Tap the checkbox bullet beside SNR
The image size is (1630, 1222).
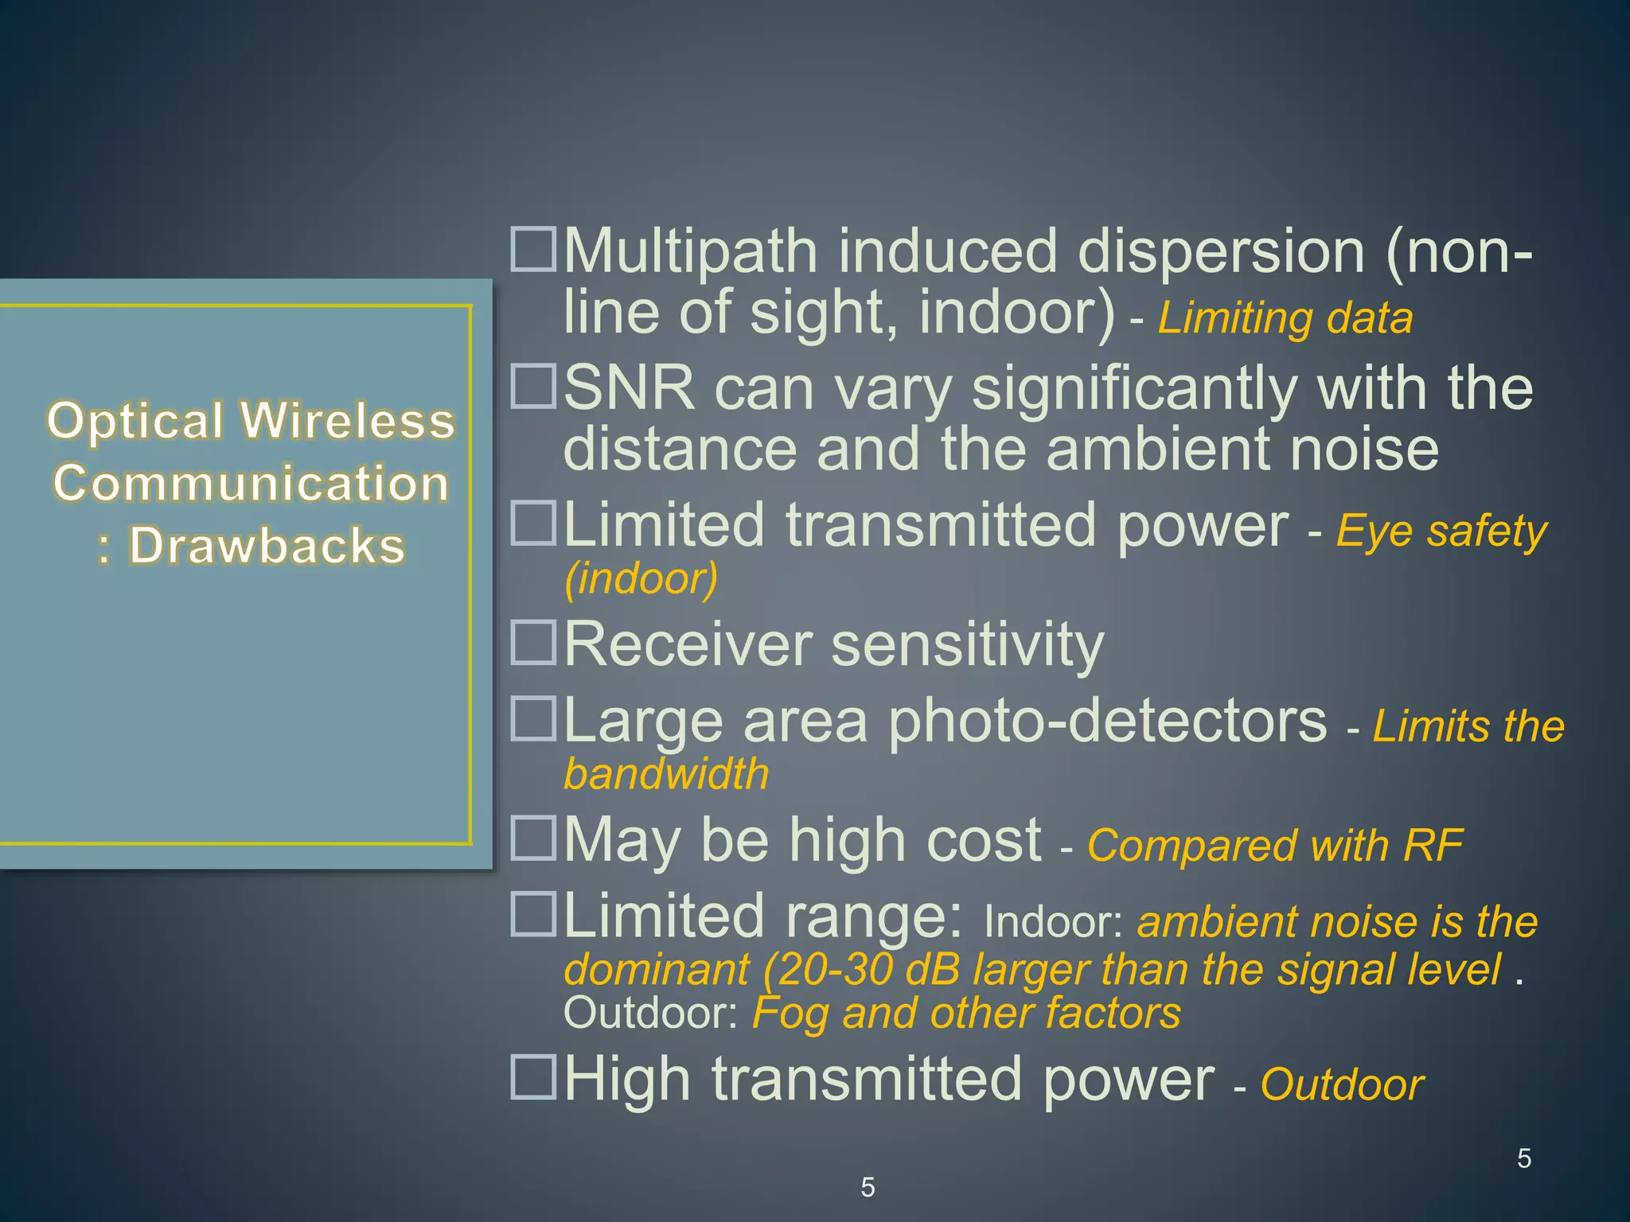tap(532, 387)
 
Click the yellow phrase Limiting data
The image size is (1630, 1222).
tap(1285, 318)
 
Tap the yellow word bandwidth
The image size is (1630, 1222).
tap(666, 773)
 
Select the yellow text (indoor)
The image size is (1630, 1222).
tap(641, 578)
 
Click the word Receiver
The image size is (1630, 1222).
tap(688, 644)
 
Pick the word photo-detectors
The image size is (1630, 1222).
tap(1108, 722)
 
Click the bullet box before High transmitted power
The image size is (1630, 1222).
tap(532, 1076)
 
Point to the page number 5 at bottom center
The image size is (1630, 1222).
tap(868, 1187)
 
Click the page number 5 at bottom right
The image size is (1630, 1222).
tap(1523, 1158)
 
